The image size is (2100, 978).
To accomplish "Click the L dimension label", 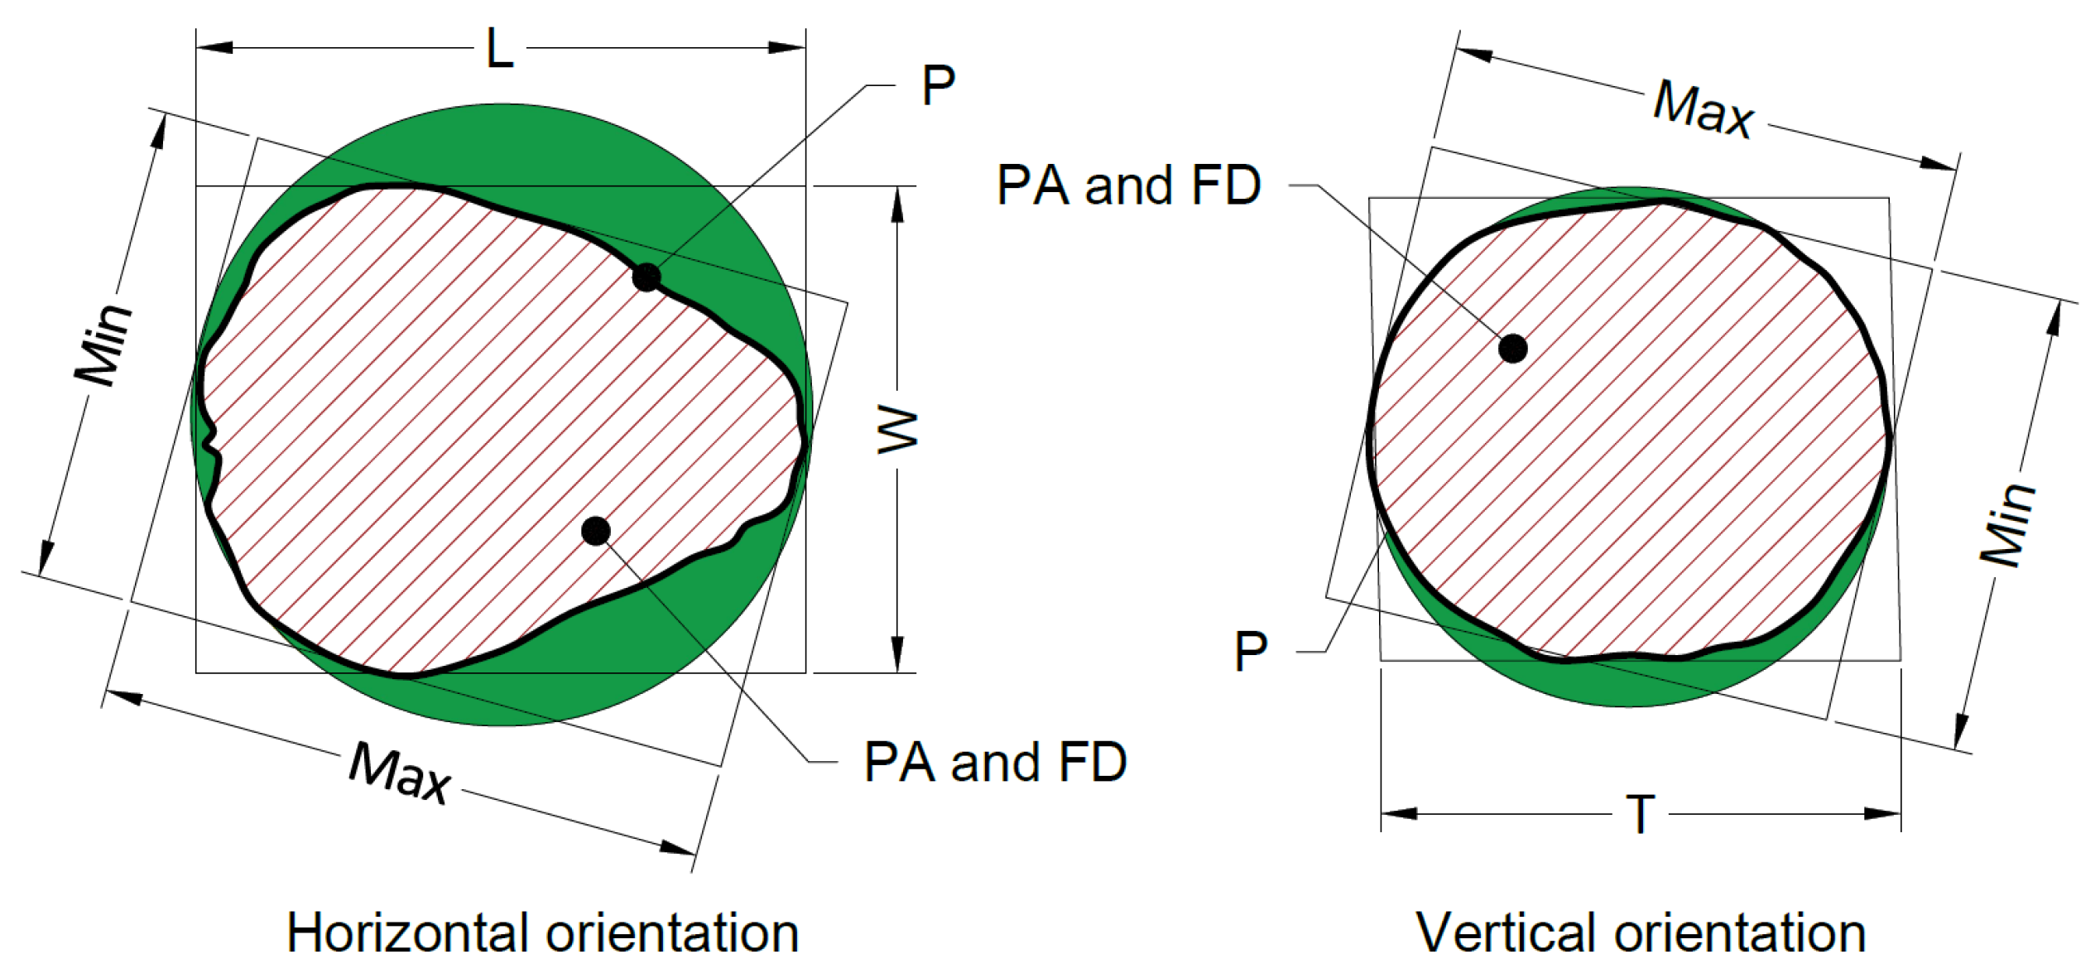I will tap(500, 48).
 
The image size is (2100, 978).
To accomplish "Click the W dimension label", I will tap(898, 429).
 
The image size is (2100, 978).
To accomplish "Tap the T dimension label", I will tap(1641, 815).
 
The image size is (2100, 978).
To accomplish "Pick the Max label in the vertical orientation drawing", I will tap(1703, 108).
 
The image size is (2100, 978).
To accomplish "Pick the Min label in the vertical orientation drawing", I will tap(2006, 525).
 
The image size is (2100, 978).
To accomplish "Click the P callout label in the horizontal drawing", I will tap(939, 85).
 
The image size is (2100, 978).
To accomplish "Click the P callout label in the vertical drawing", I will tap(1251, 652).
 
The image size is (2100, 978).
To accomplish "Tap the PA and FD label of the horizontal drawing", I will tap(995, 762).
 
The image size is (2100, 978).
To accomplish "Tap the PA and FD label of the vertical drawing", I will tap(1128, 185).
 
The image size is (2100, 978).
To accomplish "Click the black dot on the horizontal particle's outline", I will tap(646, 277).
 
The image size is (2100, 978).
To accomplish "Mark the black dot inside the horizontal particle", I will tap(596, 531).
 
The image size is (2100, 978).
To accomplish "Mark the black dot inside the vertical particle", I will tap(1513, 349).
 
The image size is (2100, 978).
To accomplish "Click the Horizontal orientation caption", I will tap(542, 933).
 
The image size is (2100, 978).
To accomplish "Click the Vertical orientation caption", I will tap(1641, 933).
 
